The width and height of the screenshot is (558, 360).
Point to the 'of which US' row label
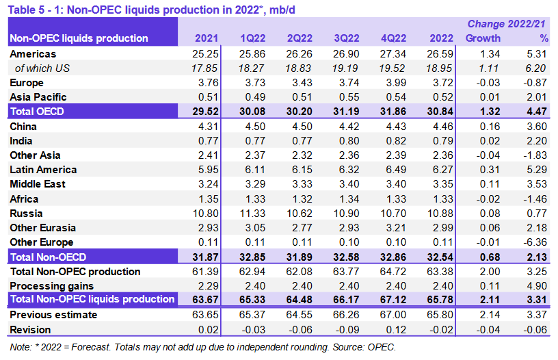click(42, 68)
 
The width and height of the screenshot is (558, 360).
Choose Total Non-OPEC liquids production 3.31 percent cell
click(533, 299)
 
